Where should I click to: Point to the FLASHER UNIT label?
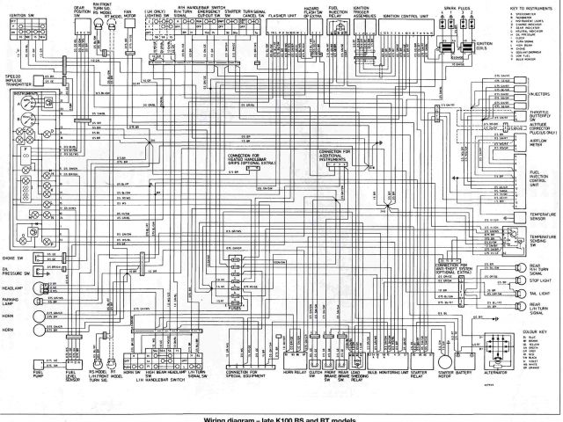282,15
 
